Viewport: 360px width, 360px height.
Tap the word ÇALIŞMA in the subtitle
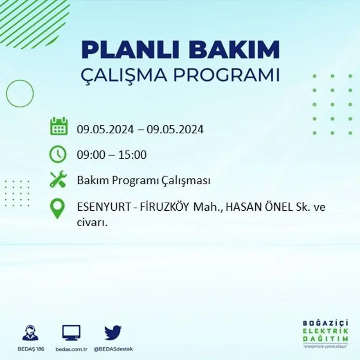[123, 76]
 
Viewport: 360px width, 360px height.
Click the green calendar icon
[59, 126]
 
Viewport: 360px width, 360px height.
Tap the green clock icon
[58, 154]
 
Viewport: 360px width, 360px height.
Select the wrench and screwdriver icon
[58, 180]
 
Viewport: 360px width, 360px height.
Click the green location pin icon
[57, 208]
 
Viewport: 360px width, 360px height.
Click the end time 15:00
[132, 155]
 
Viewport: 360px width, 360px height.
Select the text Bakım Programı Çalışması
[144, 180]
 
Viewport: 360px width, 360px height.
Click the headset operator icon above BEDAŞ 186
[30, 333]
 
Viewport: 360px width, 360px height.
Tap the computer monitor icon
[71, 333]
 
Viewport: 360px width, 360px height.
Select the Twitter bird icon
[113, 333]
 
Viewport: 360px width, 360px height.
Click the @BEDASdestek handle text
[113, 349]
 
